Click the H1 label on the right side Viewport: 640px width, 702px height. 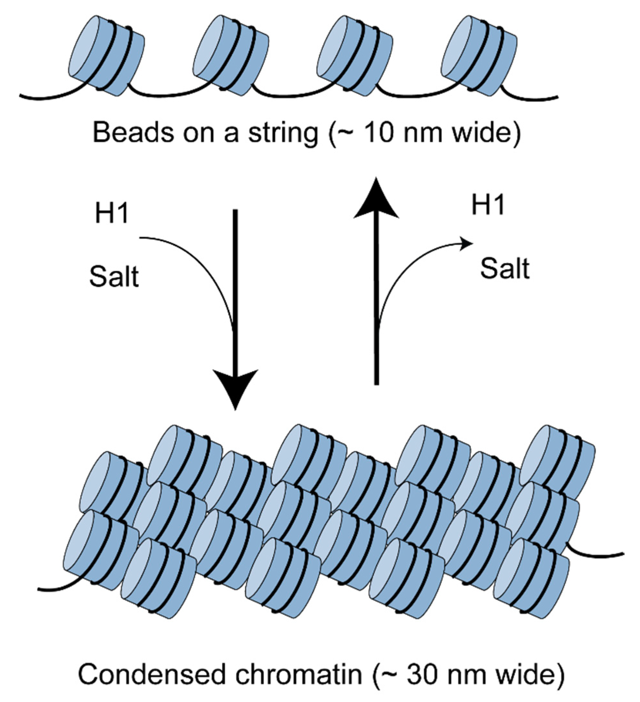[x=488, y=206]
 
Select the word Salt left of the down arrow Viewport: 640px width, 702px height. [x=114, y=277]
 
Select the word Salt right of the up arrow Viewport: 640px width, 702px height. [x=505, y=268]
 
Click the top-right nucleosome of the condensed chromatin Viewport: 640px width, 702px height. [x=558, y=460]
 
